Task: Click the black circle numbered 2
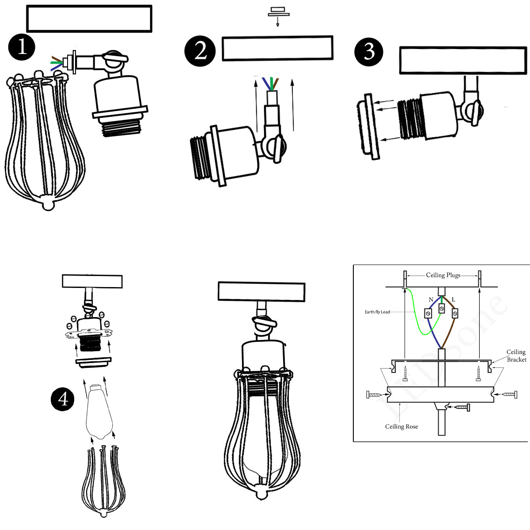pyautogui.click(x=200, y=51)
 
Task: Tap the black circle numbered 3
pyautogui.click(x=369, y=51)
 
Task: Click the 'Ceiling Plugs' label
pyautogui.click(x=443, y=275)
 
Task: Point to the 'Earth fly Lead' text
pyautogui.click(x=377, y=312)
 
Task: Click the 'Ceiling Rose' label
pyautogui.click(x=401, y=426)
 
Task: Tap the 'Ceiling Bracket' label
pyautogui.click(x=516, y=356)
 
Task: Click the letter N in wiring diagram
pyautogui.click(x=431, y=299)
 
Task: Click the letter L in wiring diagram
pyautogui.click(x=453, y=299)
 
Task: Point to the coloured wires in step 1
pyautogui.click(x=56, y=63)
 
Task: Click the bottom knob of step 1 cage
pyautogui.click(x=47, y=204)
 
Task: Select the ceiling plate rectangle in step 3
pyautogui.click(x=462, y=60)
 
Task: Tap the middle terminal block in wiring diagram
pyautogui.click(x=442, y=308)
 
